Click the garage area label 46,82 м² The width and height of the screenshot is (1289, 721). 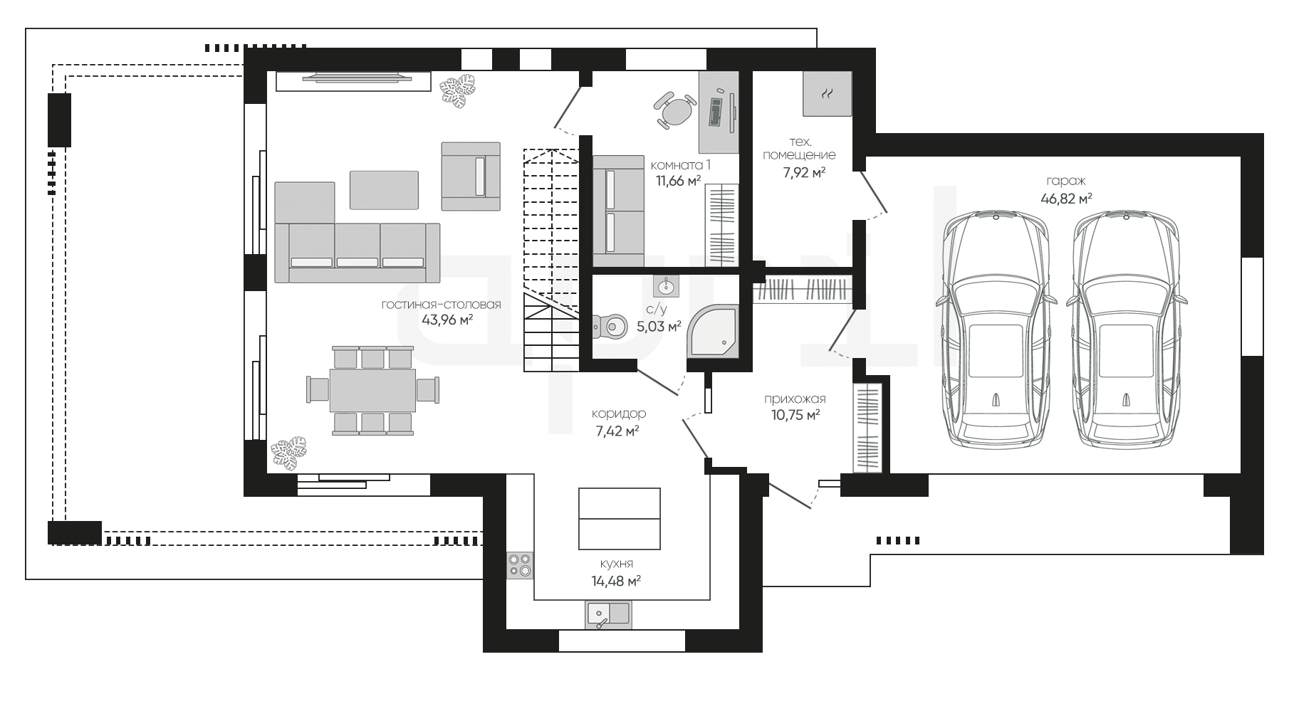[x=1066, y=199]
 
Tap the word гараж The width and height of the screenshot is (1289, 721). [x=1066, y=181]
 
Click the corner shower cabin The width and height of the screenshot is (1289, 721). [x=712, y=332]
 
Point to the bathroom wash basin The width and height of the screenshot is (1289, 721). [x=667, y=286]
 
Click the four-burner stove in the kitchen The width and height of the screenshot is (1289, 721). [x=520, y=564]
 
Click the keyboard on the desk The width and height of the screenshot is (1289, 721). [x=715, y=112]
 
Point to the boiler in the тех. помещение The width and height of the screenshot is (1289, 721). [x=828, y=93]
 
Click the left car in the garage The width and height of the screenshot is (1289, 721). [x=996, y=330]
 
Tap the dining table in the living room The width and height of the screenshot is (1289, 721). [x=372, y=390]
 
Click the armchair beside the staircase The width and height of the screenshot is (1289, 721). [x=471, y=177]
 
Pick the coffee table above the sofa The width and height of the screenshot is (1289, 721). [x=384, y=190]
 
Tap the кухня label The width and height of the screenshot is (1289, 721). [x=616, y=564]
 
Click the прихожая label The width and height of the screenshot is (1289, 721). [x=795, y=399]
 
